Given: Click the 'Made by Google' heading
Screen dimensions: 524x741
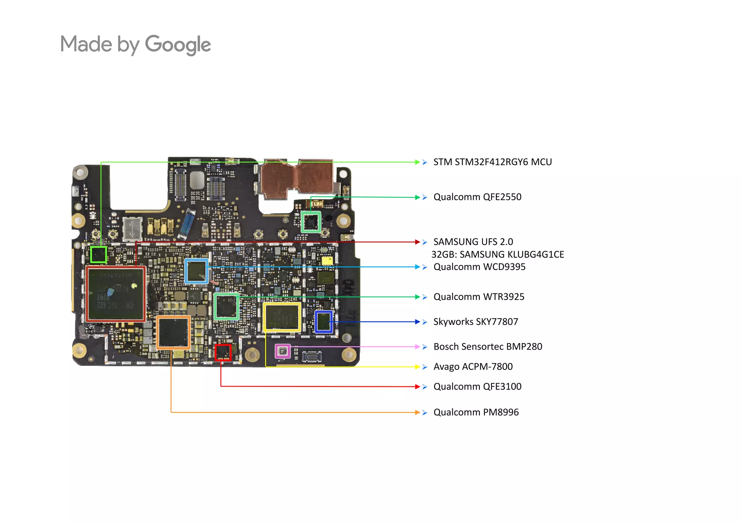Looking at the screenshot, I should tap(135, 45).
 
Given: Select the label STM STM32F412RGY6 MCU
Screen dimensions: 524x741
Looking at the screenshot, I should tap(492, 162).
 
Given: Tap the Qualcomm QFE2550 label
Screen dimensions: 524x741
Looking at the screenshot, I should tap(477, 197).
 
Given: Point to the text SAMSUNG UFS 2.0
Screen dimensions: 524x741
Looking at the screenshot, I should tap(473, 242).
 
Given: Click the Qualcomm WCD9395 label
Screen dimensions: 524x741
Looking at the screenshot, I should tap(479, 267).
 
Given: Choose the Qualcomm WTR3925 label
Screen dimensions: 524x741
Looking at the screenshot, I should tap(479, 297).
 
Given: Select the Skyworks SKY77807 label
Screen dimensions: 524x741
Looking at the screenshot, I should tap(475, 322).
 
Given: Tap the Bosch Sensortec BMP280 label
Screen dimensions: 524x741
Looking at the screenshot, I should tap(487, 347).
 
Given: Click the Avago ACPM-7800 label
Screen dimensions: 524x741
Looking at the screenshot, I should tap(473, 367).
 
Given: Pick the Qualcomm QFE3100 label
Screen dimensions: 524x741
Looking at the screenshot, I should tap(477, 386).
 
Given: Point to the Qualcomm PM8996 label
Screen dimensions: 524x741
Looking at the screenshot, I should tap(476, 412).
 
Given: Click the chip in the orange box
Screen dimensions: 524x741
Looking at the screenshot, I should tap(173, 333).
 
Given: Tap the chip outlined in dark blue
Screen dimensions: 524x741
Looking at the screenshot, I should tap(323, 321).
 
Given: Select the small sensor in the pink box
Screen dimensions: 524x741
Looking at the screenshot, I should tap(283, 351).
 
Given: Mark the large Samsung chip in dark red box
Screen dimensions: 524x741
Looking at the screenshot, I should tap(116, 294).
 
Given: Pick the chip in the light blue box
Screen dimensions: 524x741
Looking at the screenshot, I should tap(196, 271).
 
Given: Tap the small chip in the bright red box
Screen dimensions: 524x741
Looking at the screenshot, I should tap(223, 352).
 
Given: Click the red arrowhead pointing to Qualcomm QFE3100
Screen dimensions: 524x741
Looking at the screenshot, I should tap(418, 386).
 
